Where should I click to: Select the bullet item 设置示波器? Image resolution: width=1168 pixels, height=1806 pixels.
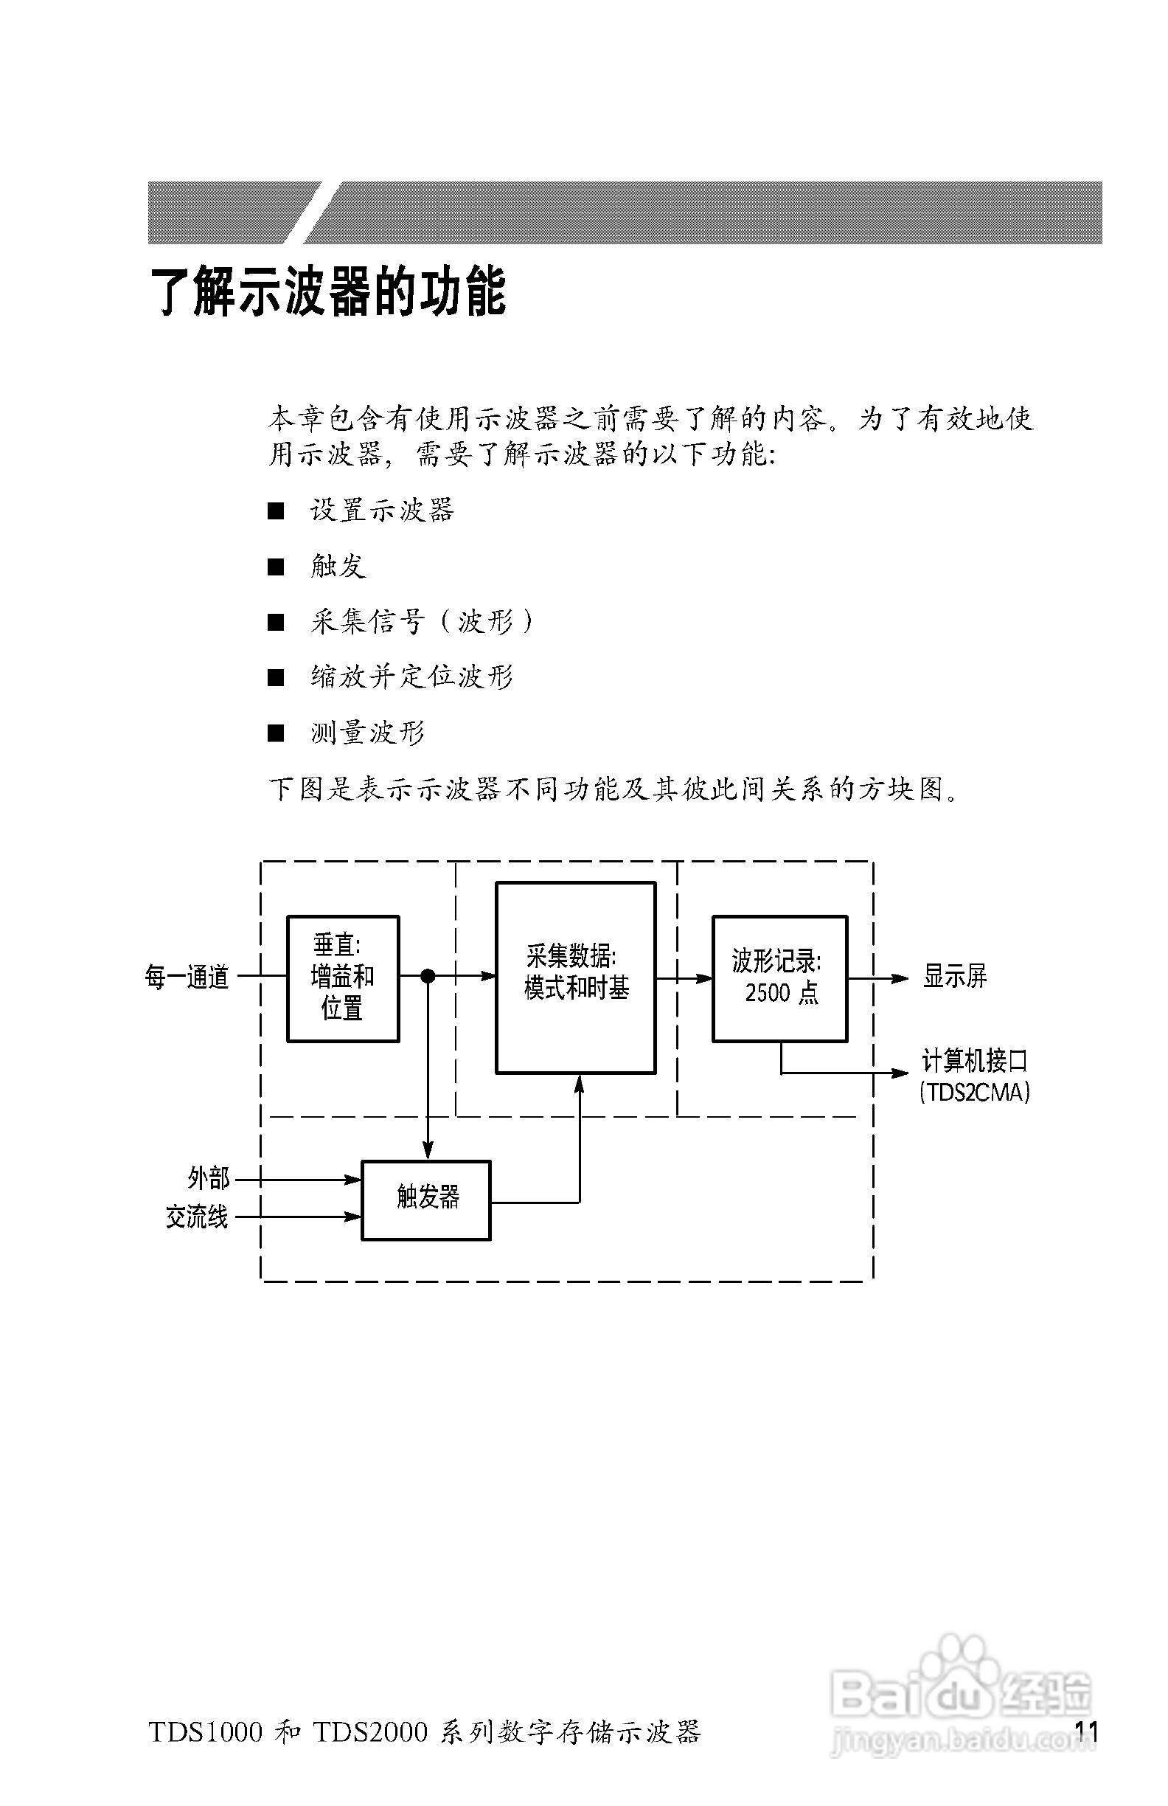point(381,511)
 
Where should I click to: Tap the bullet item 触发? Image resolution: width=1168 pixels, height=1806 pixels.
point(338,566)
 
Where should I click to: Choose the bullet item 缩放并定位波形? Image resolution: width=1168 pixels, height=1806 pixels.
point(412,677)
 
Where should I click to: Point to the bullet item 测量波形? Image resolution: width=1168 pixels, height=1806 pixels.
point(367,733)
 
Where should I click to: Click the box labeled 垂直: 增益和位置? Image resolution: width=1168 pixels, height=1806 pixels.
point(343,978)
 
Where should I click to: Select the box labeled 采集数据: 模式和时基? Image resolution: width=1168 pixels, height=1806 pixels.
point(576,978)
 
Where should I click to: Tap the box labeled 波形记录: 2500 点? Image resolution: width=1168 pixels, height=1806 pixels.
point(779,978)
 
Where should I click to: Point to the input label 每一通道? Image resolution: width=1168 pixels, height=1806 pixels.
point(187,977)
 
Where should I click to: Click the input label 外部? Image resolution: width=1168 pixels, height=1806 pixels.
point(209,1178)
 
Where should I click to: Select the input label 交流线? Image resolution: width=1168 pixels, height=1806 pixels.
point(197,1217)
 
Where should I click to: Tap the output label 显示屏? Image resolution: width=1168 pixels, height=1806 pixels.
point(955,977)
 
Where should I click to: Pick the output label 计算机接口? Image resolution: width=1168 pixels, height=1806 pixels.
point(975,1061)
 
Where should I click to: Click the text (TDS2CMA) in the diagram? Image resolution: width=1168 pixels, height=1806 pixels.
point(975,1093)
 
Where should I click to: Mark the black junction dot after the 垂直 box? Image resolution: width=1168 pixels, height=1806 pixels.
point(428,976)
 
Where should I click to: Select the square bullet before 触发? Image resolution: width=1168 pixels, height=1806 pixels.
point(276,567)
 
